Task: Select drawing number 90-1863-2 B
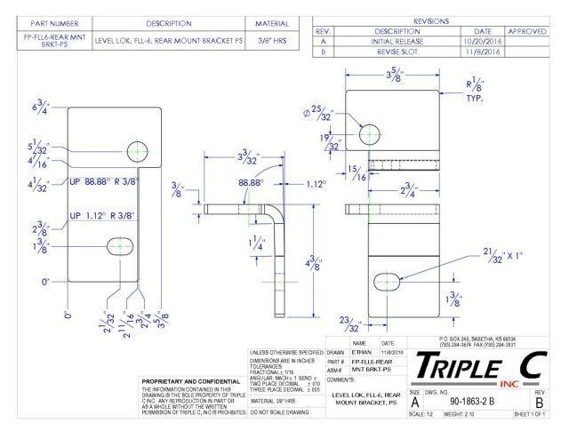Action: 473,401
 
